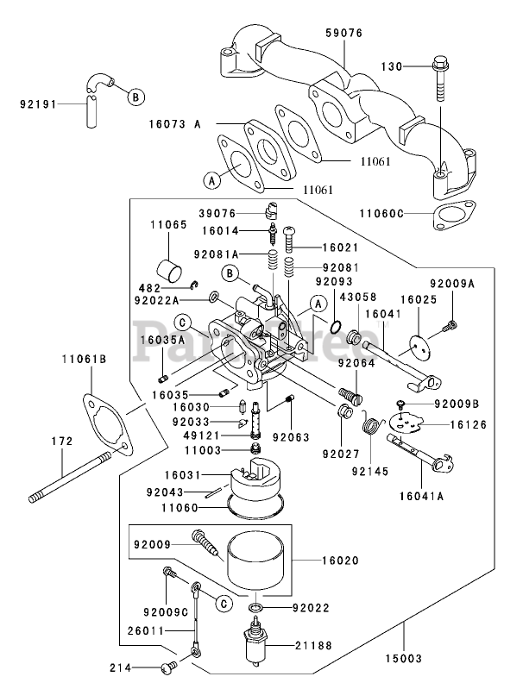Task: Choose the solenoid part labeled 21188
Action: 256,643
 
